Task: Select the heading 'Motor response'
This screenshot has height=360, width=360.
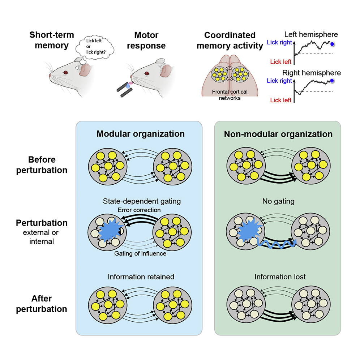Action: [x=146, y=40]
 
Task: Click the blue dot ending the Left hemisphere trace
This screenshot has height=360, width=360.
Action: [x=332, y=44]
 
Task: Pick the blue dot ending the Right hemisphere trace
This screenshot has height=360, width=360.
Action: [x=332, y=82]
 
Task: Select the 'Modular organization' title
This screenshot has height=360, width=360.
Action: [x=140, y=134]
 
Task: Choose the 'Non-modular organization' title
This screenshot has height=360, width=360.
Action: [x=278, y=134]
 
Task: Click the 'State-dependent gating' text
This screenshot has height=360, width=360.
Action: [x=140, y=201]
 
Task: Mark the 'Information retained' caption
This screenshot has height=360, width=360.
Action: [x=141, y=277]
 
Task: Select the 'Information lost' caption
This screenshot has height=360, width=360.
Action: [x=280, y=277]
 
